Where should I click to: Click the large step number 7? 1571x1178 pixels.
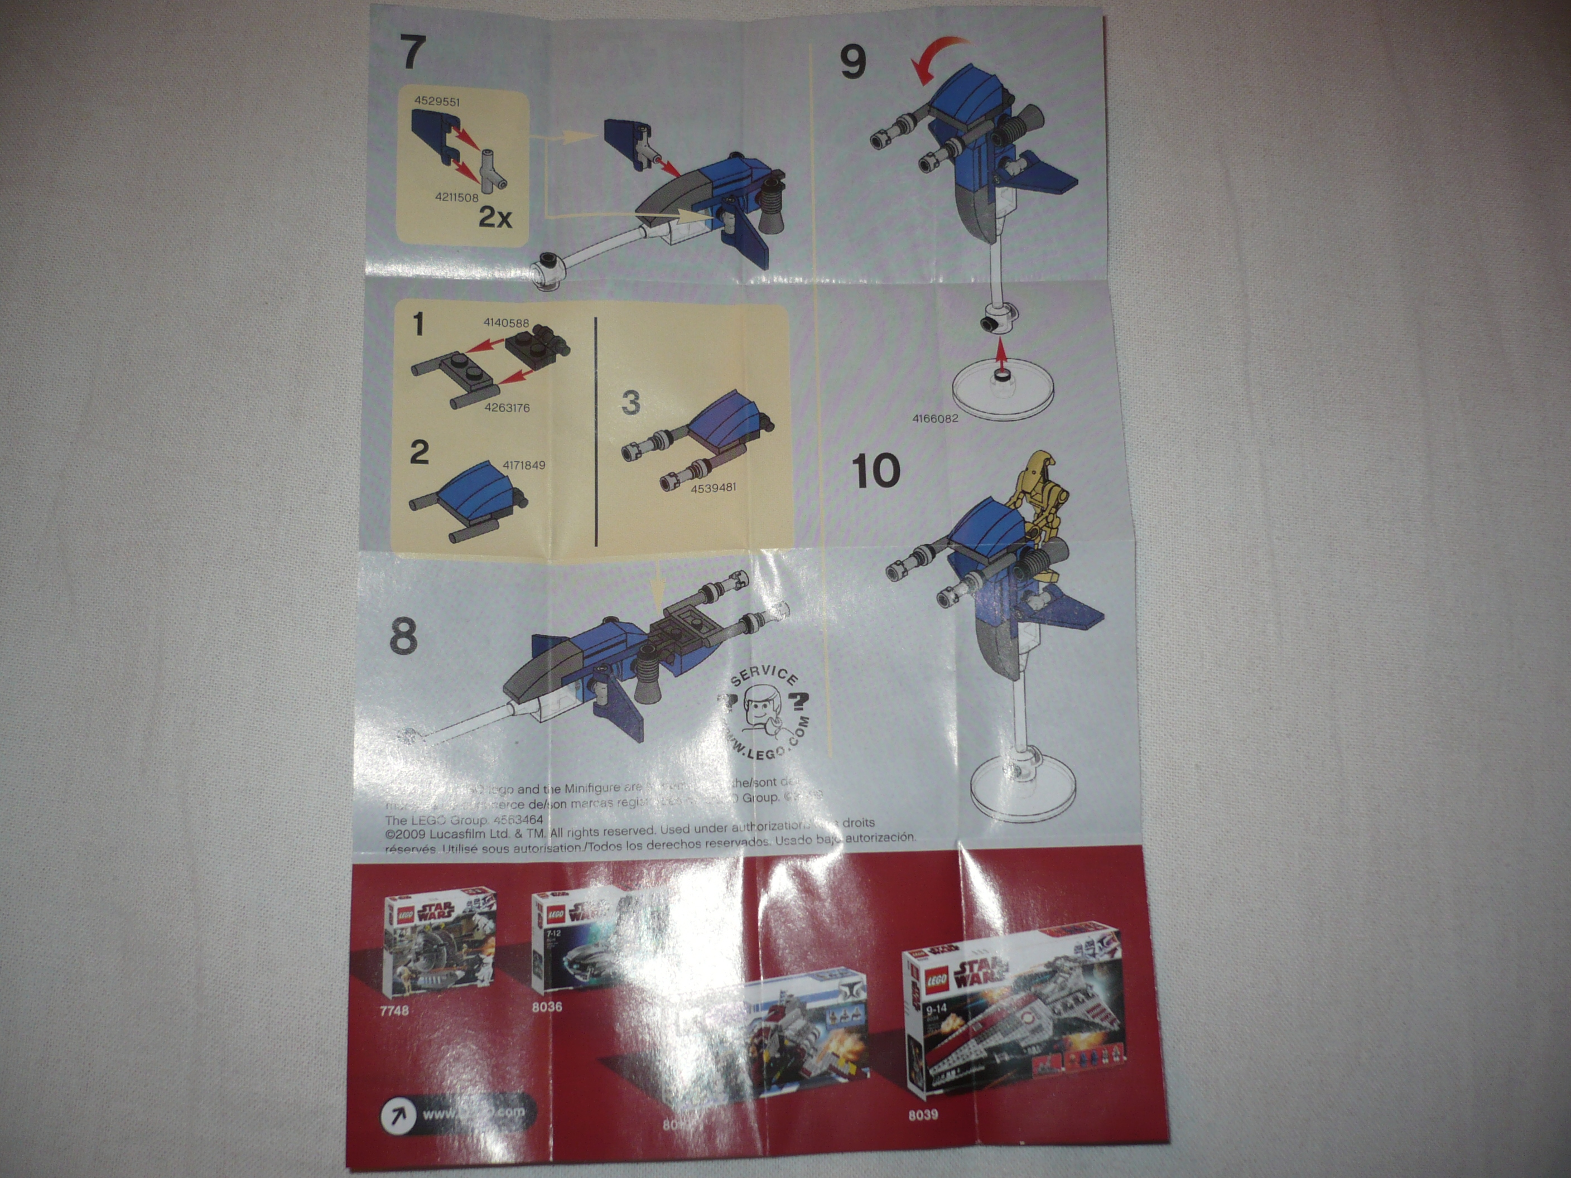coord(413,52)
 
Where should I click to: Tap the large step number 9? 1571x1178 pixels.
coord(853,62)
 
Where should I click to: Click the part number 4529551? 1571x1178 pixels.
coord(437,102)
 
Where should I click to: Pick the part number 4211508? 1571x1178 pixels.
coord(457,197)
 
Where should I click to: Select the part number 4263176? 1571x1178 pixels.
coord(507,408)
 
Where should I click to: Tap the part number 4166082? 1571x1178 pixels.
coord(934,418)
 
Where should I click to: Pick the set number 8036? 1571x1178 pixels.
coord(547,1007)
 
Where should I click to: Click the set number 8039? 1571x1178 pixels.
coord(923,1115)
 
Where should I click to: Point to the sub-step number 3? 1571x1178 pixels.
coord(630,403)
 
